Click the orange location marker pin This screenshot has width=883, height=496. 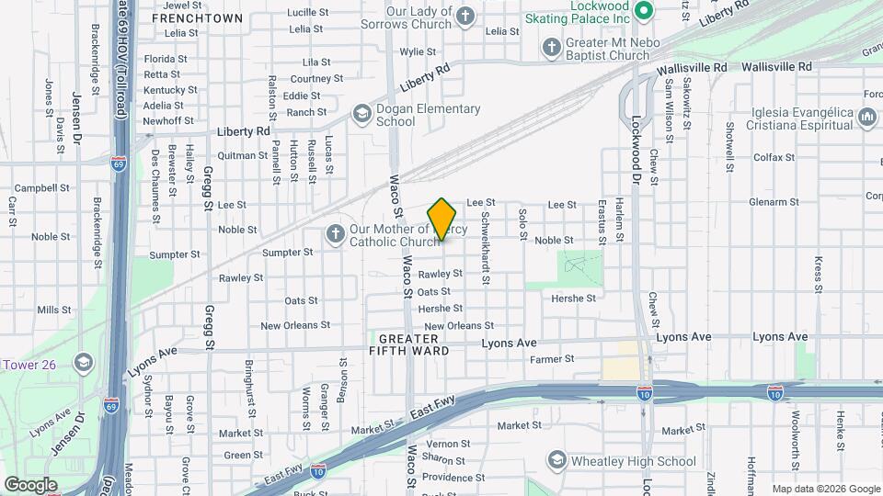click(442, 220)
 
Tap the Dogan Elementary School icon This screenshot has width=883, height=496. click(361, 114)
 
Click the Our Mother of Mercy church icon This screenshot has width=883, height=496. click(335, 235)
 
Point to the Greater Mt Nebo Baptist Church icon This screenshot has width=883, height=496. click(551, 47)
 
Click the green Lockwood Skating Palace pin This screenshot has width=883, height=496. click(644, 12)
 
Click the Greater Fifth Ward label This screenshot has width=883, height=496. click(409, 344)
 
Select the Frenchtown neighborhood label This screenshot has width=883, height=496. click(197, 18)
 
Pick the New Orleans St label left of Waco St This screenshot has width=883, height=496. click(295, 325)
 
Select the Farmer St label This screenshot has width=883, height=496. click(552, 359)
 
